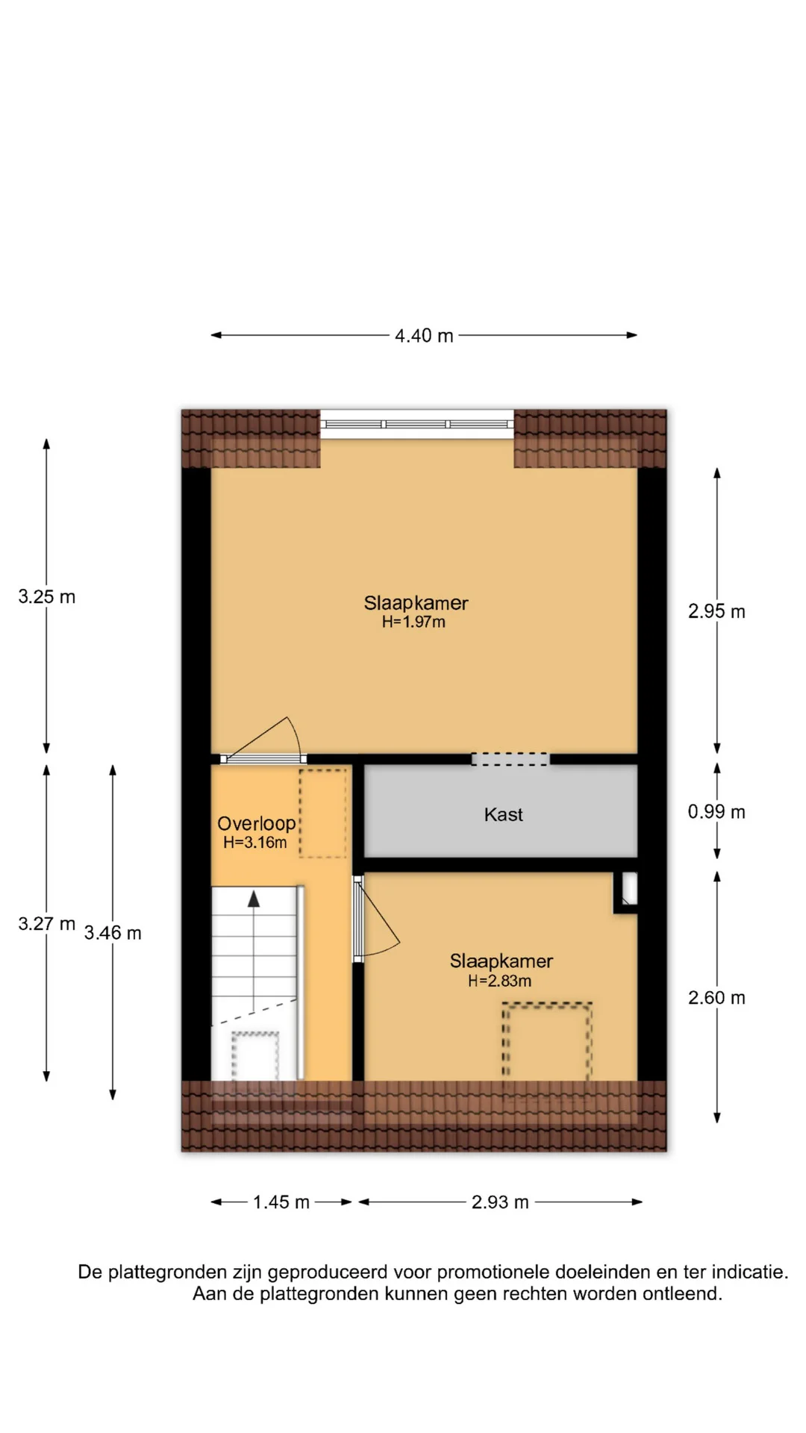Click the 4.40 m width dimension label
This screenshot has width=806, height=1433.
coord(424,336)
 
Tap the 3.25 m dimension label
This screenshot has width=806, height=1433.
coord(47,596)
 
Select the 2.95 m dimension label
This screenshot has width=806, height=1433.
coord(716,611)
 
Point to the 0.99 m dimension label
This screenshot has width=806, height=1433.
coord(716,811)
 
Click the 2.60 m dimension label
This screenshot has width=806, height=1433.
coord(716,997)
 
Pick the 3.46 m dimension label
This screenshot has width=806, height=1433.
coord(113,932)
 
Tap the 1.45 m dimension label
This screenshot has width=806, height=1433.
coord(281,1202)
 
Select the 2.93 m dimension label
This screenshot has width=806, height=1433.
coord(500,1202)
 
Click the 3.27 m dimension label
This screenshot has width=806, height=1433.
coord(47,923)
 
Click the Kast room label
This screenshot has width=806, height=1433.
coord(504,814)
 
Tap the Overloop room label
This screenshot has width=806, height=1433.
coord(257,823)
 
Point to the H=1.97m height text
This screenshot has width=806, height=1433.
coord(413,622)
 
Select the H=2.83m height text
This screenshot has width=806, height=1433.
coord(499,981)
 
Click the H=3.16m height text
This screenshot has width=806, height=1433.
coord(254,842)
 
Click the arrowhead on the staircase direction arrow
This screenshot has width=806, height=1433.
coord(254,899)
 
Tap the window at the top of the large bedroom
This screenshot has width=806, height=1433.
coord(417,424)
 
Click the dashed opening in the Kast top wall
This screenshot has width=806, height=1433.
coord(510,759)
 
